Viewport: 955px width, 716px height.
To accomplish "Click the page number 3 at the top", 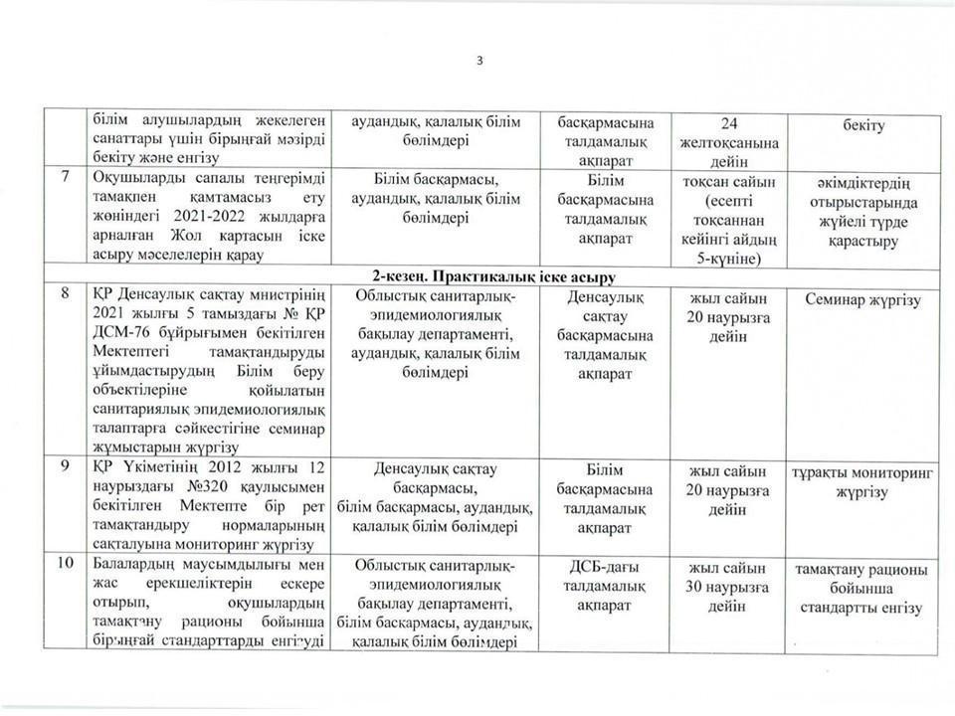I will point(478,61).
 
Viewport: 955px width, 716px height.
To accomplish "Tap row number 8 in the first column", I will point(65,295).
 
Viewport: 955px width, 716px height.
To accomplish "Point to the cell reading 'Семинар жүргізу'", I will point(864,298).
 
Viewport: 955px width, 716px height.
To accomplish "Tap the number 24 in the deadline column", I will point(729,124).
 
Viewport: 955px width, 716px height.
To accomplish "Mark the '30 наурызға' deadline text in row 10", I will point(729,586).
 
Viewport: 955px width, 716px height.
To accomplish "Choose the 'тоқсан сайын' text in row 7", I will point(729,181).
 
